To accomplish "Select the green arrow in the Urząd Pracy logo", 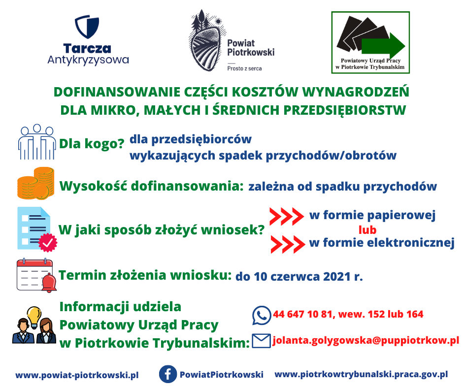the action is (383, 46).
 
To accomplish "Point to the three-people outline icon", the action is (37, 142).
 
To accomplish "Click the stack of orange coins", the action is (36, 183).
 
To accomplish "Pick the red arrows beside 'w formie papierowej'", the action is (287, 216).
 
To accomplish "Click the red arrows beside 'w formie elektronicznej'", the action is (288, 244).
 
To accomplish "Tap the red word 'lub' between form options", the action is (367, 230).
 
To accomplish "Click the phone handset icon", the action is (262, 315).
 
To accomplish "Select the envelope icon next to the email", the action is (262, 341).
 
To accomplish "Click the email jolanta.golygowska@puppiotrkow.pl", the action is (366, 340).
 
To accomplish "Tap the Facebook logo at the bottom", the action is (168, 374).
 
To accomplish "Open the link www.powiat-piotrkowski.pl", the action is (77, 375).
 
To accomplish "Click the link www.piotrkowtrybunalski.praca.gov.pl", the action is (361, 374).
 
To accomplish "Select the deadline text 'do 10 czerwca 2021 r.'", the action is (299, 277).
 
